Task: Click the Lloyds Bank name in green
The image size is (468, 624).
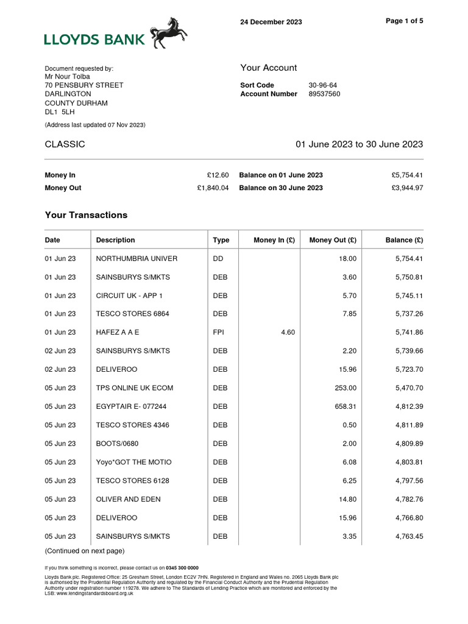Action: coord(94,40)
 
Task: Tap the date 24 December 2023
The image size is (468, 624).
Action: coord(271,22)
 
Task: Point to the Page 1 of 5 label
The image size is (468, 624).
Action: coord(405,21)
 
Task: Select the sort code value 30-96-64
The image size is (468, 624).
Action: coord(323,85)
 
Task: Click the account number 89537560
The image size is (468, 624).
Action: coord(324,94)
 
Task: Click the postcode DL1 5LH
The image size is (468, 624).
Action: coord(59,112)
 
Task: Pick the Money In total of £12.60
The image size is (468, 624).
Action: coord(218,175)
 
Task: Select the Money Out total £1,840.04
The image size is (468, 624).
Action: coord(213,188)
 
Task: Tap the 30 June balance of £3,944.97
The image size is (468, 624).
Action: coord(407,188)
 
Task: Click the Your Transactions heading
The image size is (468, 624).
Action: coord(86,215)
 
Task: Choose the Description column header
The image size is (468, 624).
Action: coord(115,240)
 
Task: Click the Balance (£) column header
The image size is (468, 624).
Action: coord(404,240)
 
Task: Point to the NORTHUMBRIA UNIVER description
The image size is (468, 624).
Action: coord(136,258)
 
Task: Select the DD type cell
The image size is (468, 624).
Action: coord(218,258)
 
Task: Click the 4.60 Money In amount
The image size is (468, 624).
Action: coord(288,333)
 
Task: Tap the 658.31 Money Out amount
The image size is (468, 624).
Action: coord(346,406)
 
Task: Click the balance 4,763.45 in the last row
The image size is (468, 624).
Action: coord(409,537)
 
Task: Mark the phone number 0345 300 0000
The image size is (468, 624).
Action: coord(182,567)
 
